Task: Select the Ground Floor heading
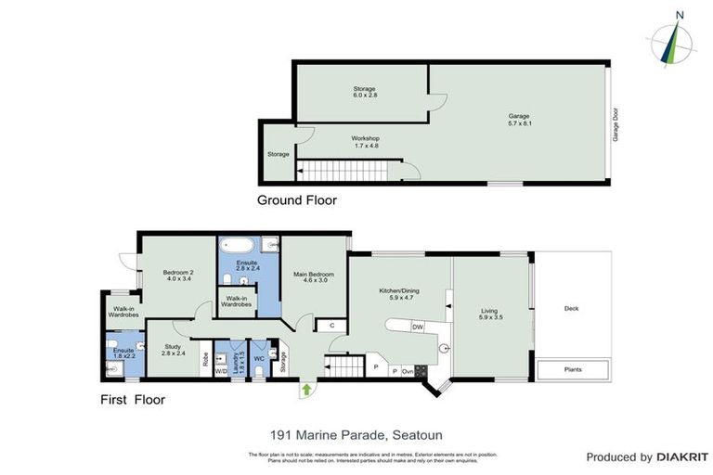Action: coord(297,199)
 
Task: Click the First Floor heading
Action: coord(132,400)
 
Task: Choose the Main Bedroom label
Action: coord(313,276)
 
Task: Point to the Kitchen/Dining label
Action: coord(399,294)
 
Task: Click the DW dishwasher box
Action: coord(418,327)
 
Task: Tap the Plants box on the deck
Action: coord(574,369)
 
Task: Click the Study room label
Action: coord(174,350)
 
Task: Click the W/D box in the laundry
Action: coord(222,371)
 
